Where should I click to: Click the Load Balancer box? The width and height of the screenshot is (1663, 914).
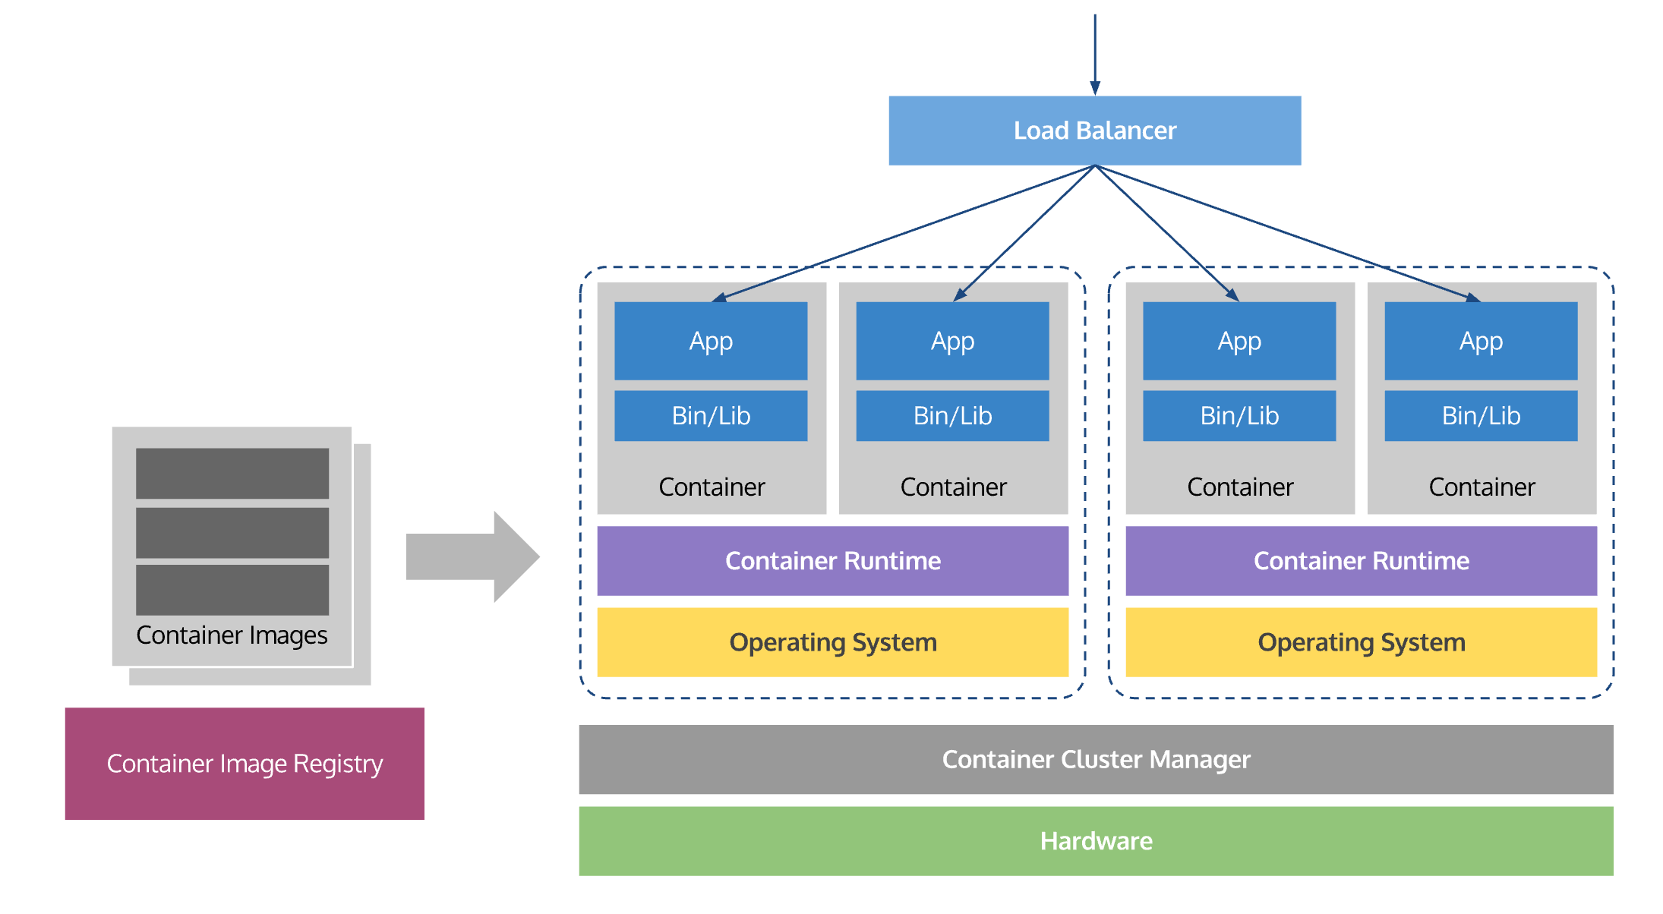click(1094, 131)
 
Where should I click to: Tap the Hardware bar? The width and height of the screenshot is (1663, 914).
click(1095, 840)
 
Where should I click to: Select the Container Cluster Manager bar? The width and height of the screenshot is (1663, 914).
click(1095, 759)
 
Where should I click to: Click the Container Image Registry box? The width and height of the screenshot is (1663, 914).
click(245, 763)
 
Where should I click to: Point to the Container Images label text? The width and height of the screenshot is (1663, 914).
click(232, 635)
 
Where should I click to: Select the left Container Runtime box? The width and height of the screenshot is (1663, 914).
click(832, 560)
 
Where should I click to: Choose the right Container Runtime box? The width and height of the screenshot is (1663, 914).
click(1361, 560)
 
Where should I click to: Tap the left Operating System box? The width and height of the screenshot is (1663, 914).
click(832, 642)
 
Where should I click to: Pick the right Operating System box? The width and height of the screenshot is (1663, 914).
click(1361, 642)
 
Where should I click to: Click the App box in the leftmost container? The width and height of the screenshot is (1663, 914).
click(711, 341)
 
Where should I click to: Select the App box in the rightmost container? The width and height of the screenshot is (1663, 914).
click(1481, 341)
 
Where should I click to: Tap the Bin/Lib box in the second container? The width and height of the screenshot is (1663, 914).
click(952, 415)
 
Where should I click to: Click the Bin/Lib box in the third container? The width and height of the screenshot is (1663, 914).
click(1239, 415)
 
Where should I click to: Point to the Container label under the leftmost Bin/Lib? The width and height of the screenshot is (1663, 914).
click(712, 487)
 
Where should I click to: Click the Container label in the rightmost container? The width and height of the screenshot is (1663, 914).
click(1482, 487)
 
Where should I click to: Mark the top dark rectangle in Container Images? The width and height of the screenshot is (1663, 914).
click(232, 473)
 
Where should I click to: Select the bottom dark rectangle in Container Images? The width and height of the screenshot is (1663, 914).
click(232, 590)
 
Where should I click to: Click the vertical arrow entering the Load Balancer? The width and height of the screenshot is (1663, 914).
click(1095, 53)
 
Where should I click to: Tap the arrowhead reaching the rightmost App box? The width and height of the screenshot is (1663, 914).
click(1472, 298)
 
